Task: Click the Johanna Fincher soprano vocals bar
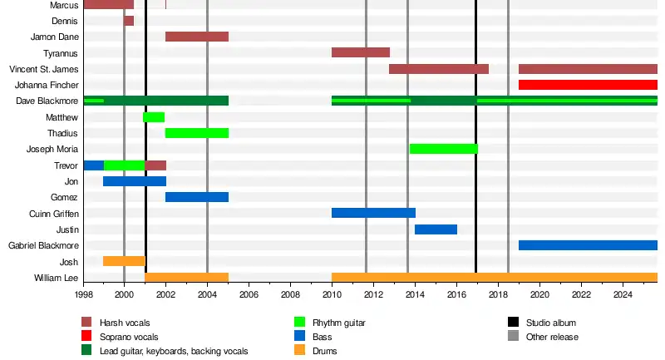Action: [588, 85]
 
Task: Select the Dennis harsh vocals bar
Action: [129, 21]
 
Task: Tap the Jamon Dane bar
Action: [197, 37]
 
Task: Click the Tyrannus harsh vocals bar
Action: [361, 52]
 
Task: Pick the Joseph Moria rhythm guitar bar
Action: [444, 149]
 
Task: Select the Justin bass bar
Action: [436, 229]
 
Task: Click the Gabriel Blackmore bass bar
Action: [588, 245]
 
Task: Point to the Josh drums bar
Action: [124, 261]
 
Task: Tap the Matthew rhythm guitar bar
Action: [154, 117]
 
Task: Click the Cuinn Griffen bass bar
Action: [373, 213]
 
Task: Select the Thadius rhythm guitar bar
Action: [197, 133]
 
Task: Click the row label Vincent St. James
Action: [43, 69]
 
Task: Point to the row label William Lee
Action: [56, 278]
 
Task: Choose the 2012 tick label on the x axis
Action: [373, 294]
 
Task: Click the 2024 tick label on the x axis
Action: [623, 294]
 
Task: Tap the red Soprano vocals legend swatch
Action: [86, 337]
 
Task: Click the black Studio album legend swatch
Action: [513, 323]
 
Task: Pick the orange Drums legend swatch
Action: [299, 351]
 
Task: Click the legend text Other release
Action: [552, 337]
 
